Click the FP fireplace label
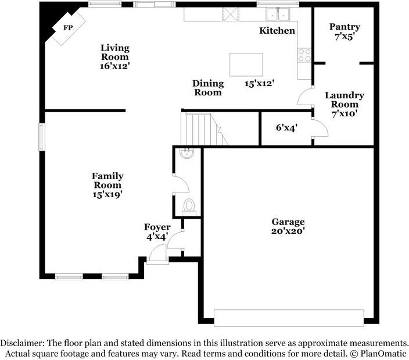click(68, 28)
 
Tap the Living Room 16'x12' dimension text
click(115, 66)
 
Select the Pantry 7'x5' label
click(345, 31)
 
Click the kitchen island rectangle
click(246, 65)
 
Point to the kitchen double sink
click(277, 14)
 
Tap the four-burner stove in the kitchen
click(304, 55)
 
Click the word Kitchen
click(277, 31)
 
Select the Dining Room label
click(208, 88)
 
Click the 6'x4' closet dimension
click(286, 128)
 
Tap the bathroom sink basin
click(186, 153)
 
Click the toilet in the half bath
click(189, 207)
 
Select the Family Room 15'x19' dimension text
click(107, 194)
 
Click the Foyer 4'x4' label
click(157, 232)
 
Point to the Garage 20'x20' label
click(288, 226)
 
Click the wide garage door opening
click(289, 318)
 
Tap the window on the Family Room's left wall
click(42, 137)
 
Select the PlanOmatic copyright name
click(383, 354)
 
